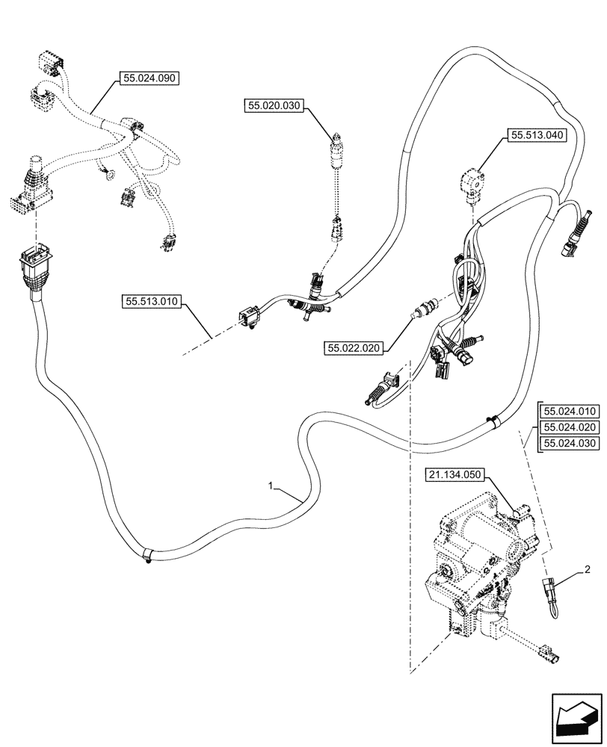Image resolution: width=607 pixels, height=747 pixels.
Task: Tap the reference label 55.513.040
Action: (537, 135)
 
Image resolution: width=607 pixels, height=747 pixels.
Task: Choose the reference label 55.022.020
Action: (354, 347)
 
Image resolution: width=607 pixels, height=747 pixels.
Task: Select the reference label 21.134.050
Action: (456, 474)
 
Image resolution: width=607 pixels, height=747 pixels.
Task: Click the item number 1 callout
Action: (274, 486)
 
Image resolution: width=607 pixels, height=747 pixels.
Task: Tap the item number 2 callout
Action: (587, 571)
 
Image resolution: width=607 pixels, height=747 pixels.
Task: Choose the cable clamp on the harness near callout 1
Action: (147, 555)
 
